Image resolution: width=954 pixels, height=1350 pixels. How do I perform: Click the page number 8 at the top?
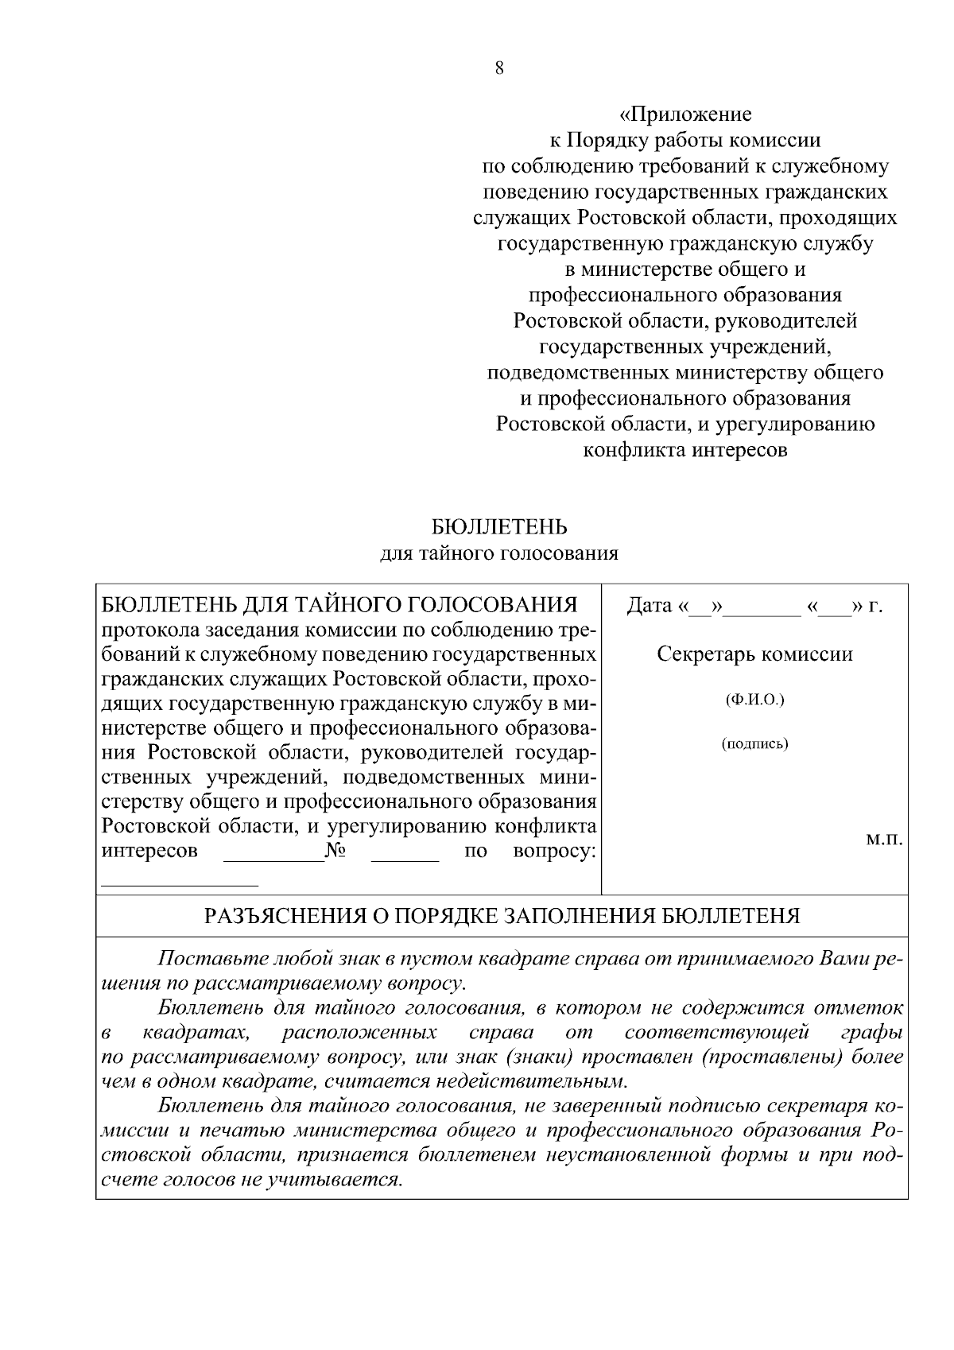pos(499,68)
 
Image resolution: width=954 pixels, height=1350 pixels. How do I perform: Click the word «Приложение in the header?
pos(685,115)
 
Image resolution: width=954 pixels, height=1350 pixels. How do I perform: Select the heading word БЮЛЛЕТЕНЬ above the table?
pos(499,527)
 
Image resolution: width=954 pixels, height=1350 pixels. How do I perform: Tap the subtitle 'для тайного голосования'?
pos(499,553)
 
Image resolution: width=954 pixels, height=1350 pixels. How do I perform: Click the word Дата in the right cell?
pos(650,606)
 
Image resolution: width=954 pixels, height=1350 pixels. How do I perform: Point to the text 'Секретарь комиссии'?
pos(754,654)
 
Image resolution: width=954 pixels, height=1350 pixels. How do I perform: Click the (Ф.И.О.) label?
pos(754,700)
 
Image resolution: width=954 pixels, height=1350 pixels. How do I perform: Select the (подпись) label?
pos(754,744)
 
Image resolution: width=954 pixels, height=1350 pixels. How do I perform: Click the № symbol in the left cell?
pos(335,852)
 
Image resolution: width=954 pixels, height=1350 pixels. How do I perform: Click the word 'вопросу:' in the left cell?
pos(554,852)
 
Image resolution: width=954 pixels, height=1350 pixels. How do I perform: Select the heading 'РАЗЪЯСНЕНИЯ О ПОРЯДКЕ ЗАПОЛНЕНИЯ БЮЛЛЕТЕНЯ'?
pos(502,916)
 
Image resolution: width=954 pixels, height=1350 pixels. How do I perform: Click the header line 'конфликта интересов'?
pos(685,450)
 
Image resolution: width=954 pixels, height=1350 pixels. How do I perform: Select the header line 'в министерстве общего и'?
pos(685,270)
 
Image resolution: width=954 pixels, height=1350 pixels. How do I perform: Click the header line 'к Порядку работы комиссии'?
pos(685,141)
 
